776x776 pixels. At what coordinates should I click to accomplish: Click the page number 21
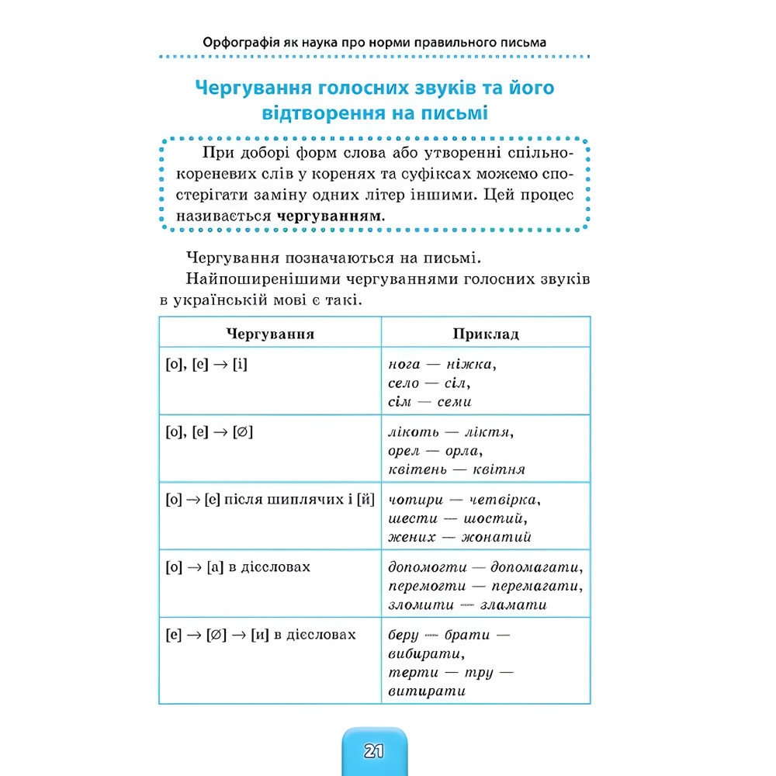373,751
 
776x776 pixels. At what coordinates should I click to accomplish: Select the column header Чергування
270,334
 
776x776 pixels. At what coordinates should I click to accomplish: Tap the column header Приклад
486,334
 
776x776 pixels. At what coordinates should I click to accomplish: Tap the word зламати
513,605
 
